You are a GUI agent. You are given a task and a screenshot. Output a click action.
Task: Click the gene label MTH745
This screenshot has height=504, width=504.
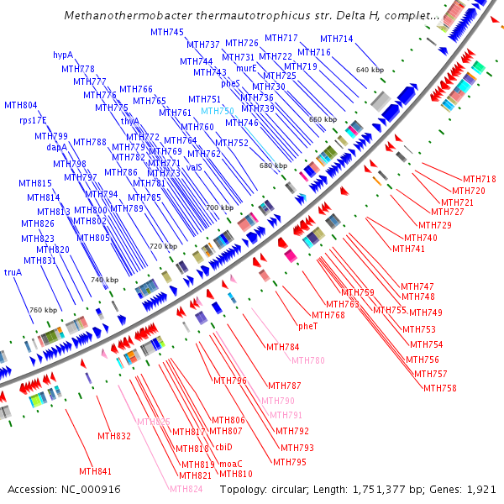point(167,32)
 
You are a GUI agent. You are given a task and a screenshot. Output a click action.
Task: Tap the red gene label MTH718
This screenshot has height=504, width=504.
point(480,179)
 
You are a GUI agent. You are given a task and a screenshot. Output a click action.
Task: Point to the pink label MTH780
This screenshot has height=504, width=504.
point(307,360)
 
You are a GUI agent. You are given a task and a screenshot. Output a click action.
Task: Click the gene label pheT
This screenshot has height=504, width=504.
point(308,325)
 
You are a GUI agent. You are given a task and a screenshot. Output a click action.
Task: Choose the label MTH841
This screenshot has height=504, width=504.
point(96,471)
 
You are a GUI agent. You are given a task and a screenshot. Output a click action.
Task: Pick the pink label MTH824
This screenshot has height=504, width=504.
point(186,489)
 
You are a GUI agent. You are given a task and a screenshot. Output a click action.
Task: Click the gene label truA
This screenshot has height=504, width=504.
point(13,272)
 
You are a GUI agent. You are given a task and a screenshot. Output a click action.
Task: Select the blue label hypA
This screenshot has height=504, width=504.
point(63,55)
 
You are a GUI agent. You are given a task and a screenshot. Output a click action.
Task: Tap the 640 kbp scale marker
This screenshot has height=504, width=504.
point(370,70)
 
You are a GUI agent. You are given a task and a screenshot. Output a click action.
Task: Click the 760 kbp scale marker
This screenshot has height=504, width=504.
point(44,310)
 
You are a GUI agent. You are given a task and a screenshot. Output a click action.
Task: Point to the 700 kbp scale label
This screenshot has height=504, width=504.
point(220,207)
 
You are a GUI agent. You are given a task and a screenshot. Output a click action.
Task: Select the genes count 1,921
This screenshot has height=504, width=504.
point(480,489)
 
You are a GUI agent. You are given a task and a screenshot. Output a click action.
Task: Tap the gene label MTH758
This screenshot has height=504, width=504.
point(440,388)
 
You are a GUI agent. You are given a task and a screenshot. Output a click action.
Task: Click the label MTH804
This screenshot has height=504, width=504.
point(21,106)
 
